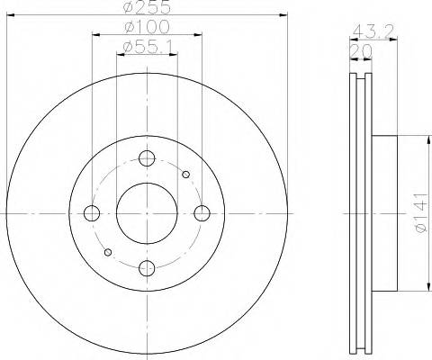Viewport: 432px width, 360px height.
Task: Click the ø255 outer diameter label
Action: coord(146,6)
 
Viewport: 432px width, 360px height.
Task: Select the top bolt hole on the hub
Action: coord(147,158)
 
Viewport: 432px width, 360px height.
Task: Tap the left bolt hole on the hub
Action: coord(92,213)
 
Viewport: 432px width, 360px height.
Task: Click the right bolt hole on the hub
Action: coord(202,213)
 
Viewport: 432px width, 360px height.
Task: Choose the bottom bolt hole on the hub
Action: coord(147,267)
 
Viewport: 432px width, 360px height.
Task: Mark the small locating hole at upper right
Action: coord(185,175)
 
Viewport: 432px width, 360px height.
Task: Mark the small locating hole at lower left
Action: coord(108,252)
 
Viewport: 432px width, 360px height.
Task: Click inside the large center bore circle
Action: coord(147,213)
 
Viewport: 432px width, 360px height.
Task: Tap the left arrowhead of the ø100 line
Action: coord(94,34)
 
